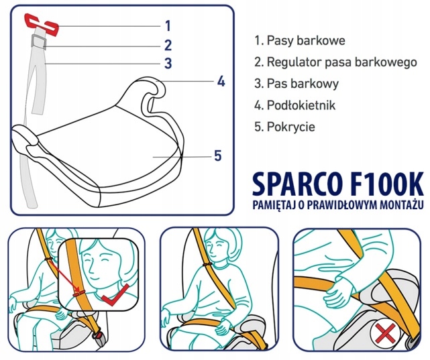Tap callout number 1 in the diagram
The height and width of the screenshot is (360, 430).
[168, 26]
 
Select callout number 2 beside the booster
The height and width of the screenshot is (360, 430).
[168, 46]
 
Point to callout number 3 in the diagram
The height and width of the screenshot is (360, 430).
[168, 64]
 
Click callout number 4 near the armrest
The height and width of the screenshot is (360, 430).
[220, 82]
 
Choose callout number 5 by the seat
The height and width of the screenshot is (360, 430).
[217, 156]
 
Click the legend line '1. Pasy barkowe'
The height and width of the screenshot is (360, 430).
[300, 41]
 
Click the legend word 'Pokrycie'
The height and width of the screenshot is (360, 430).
[290, 127]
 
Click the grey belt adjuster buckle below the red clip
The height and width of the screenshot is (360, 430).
[40, 44]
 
